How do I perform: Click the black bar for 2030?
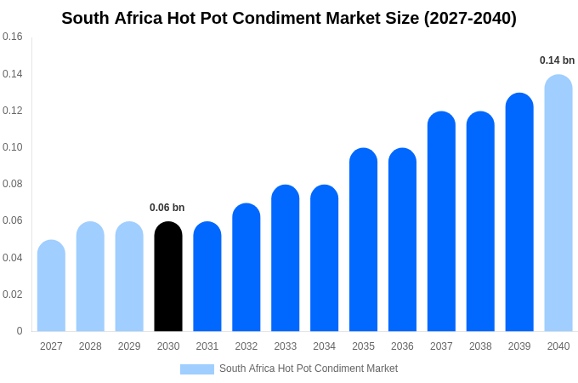coord(168,277)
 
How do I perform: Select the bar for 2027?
coord(51,286)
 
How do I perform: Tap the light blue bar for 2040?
coord(558,203)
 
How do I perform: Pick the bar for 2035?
coord(363,240)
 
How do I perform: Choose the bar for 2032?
coord(246,267)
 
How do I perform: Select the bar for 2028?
coord(90,277)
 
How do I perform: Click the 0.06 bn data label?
coord(167,208)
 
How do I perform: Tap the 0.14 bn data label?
coord(557,60)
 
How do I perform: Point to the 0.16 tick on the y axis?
coord(13,37)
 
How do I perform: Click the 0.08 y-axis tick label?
coord(13,184)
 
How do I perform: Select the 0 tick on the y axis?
coord(20,331)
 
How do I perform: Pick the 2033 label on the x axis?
coord(286,346)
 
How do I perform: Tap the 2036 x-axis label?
coord(402,346)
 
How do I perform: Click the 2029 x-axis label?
coord(129,346)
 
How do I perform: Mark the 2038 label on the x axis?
coord(480,346)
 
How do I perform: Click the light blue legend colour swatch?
coord(196,369)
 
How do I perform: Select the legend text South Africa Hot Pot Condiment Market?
coord(309,369)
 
